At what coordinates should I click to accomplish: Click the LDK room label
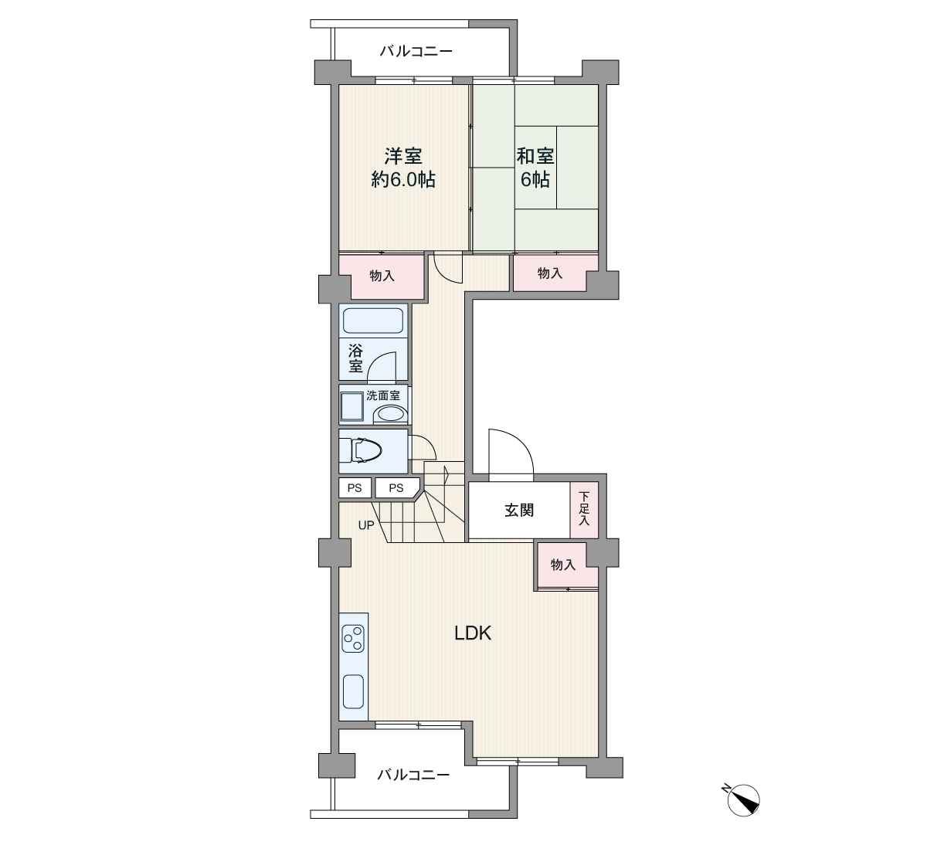(x=472, y=633)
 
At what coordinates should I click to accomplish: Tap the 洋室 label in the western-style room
(x=403, y=156)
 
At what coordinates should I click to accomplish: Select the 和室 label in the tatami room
(x=535, y=156)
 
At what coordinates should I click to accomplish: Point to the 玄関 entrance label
(x=519, y=511)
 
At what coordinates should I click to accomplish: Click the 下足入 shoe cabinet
(x=584, y=510)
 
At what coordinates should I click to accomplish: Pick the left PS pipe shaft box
(x=355, y=487)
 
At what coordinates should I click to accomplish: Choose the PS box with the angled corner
(x=397, y=487)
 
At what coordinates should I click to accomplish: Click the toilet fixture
(x=366, y=451)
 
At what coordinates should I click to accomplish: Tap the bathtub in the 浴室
(x=373, y=321)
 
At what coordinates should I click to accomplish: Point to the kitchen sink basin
(x=353, y=691)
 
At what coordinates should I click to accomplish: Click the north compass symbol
(x=742, y=800)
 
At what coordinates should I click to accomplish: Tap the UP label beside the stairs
(x=366, y=525)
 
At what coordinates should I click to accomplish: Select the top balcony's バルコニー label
(x=416, y=51)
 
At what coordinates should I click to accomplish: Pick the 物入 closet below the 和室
(x=550, y=273)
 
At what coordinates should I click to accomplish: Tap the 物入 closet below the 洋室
(x=382, y=276)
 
